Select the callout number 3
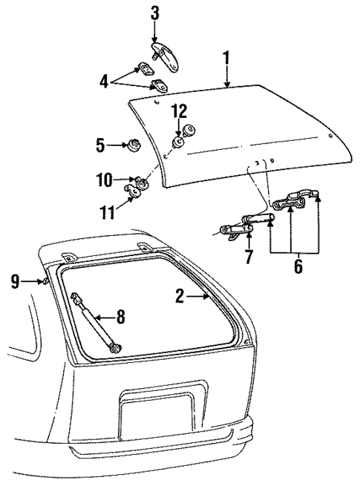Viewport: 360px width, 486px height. [154, 13]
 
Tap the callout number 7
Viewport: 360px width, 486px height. [249, 257]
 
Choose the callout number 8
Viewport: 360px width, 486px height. [120, 317]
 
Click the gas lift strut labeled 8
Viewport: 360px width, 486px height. [94, 320]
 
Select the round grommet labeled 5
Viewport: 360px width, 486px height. [134, 146]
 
